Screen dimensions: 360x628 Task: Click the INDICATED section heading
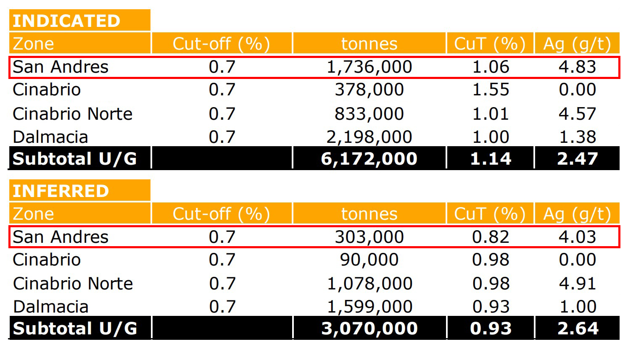66,21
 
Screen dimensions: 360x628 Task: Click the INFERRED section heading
61,191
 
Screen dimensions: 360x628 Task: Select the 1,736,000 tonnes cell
369,67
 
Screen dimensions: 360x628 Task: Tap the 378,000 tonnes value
369,90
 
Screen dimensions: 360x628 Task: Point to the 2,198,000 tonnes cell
369,137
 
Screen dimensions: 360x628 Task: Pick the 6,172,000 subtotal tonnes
369,159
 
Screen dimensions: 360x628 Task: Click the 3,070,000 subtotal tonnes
369,328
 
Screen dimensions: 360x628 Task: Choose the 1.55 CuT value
491,90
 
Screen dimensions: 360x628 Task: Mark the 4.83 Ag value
577,67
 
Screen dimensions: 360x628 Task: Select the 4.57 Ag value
577,114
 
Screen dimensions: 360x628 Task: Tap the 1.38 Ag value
577,137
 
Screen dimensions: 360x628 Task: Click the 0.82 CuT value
491,237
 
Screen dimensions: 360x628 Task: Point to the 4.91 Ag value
577,284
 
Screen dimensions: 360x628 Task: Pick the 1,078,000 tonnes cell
369,284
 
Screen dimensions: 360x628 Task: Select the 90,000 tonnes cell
369,260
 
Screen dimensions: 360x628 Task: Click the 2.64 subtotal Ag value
578,328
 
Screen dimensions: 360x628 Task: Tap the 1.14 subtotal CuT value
491,159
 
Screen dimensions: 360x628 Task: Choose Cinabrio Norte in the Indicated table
72,114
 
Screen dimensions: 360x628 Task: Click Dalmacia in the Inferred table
50,307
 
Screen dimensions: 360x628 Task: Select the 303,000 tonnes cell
369,237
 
